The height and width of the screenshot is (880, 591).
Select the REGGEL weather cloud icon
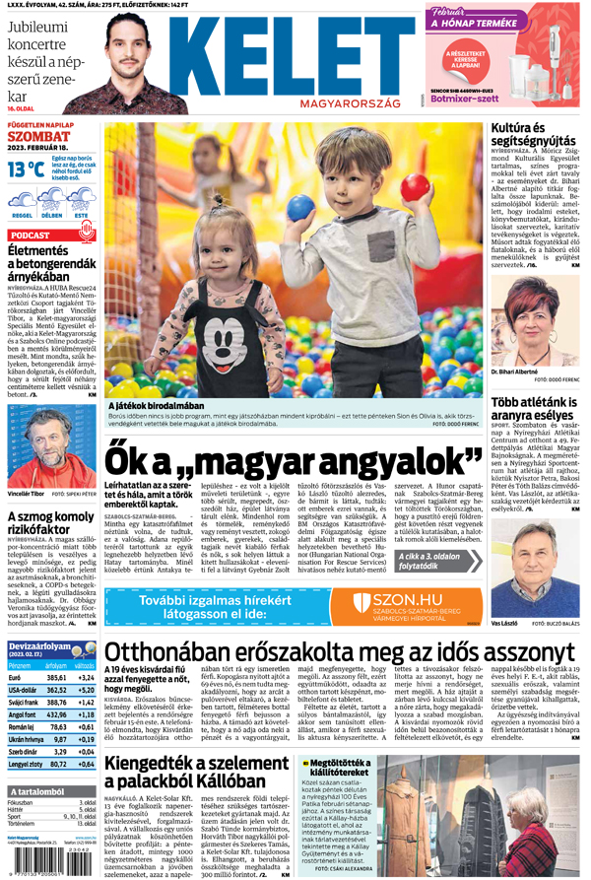click(x=22, y=200)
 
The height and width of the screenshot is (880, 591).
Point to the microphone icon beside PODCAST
click(x=86, y=235)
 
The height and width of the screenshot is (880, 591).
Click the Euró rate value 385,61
click(x=56, y=678)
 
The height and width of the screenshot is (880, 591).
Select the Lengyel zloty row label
click(x=25, y=764)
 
